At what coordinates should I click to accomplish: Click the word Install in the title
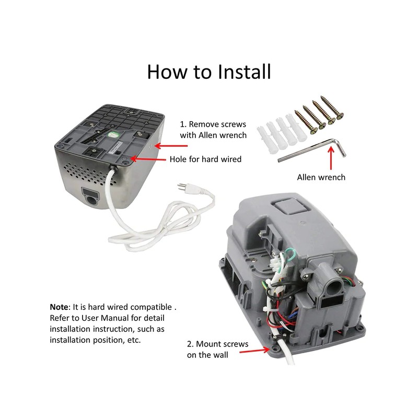point(244,72)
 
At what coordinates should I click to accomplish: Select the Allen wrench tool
point(312,150)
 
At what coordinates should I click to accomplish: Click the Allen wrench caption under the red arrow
point(321,177)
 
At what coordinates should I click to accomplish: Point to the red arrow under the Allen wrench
point(331,158)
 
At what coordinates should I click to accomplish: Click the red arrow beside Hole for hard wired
point(148,159)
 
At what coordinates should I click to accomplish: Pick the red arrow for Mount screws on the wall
point(255,350)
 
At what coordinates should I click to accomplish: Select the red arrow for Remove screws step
point(171,146)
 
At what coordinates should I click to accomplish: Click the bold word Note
point(59,307)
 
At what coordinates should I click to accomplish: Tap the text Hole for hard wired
point(205,159)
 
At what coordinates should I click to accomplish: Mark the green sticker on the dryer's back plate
point(113,135)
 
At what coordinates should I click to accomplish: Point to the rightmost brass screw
point(332,108)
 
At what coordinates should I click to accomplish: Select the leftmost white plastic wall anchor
point(264,140)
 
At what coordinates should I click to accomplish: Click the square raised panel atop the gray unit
point(288,206)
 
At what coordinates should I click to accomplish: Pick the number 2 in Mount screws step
point(189,344)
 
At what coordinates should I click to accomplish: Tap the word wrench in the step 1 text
point(231,135)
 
